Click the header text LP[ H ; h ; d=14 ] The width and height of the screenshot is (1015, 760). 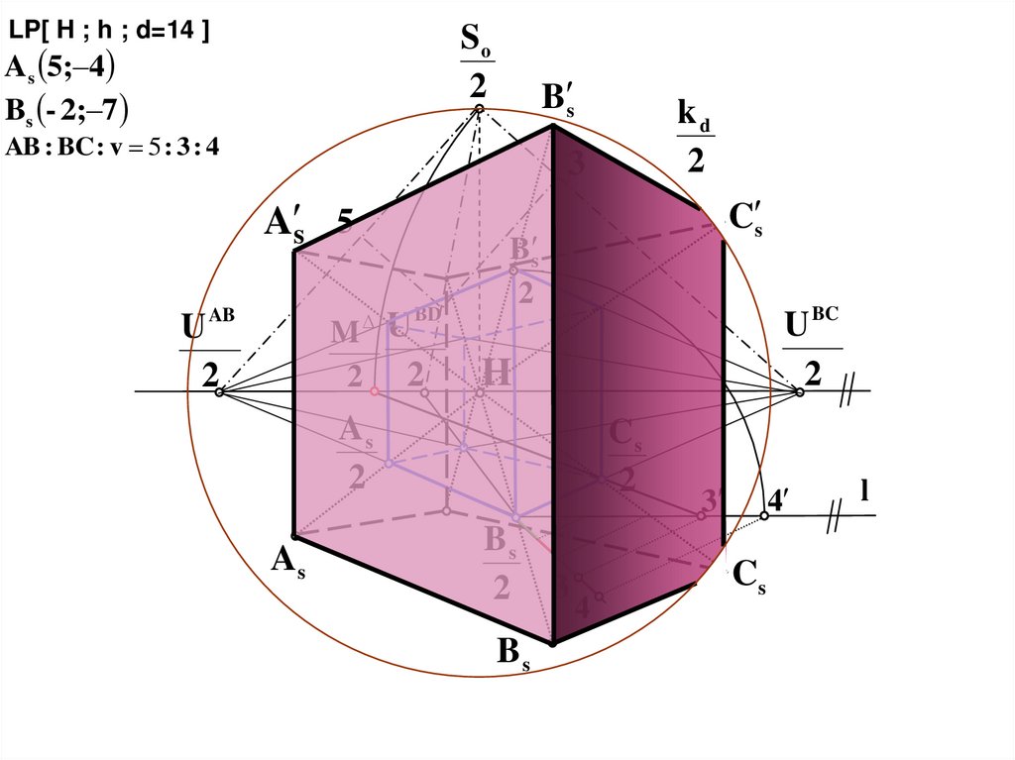tap(109, 32)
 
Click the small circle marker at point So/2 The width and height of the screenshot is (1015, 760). tap(479, 109)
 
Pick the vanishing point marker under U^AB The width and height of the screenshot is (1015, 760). tap(220, 392)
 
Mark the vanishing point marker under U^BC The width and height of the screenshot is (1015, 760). tap(799, 392)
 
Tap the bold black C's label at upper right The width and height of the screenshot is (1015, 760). tap(745, 219)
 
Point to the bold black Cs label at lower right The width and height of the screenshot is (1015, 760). tap(749, 579)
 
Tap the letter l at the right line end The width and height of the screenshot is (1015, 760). tap(864, 489)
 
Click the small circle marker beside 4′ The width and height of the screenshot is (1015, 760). tap(764, 516)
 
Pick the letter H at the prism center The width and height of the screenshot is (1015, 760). tap(497, 374)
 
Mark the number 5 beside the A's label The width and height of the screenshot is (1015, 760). tap(346, 219)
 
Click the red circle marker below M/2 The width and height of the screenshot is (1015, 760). tap(374, 391)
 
